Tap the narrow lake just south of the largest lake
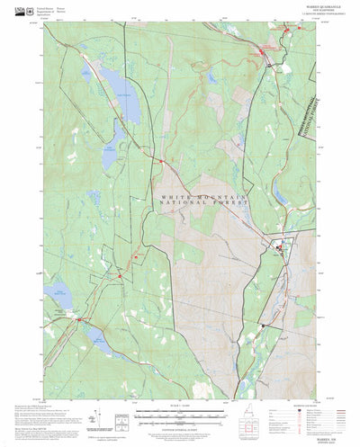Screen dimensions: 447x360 [109, 156]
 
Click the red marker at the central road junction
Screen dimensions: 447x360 [159, 162]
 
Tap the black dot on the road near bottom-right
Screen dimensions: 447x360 [262, 325]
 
